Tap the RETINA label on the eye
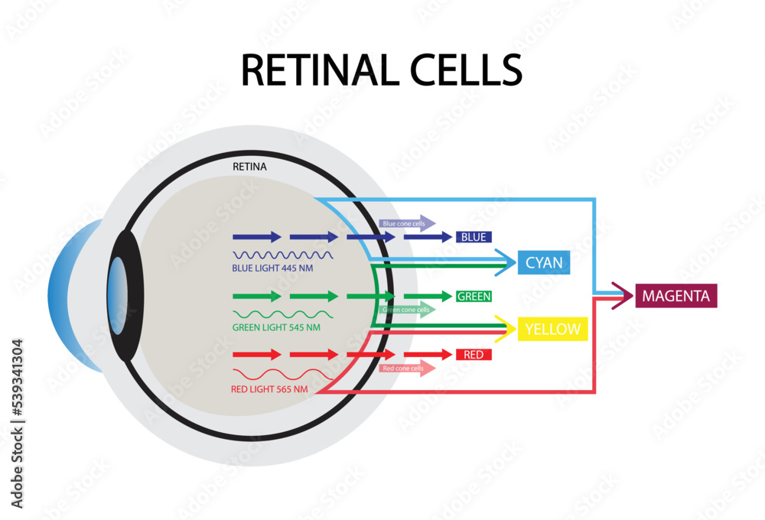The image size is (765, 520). click(250, 166)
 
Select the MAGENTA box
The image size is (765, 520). click(676, 296)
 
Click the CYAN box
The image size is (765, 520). click(544, 263)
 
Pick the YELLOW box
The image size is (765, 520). click(552, 330)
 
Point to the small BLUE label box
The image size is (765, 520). click(474, 237)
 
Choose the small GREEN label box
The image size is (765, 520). click(474, 296)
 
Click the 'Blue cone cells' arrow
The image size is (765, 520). click(407, 223)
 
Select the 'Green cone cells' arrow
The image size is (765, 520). click(407, 310)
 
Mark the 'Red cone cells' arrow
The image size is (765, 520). click(407, 369)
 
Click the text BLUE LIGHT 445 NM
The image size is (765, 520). click(272, 268)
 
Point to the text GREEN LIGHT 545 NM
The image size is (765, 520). click(276, 327)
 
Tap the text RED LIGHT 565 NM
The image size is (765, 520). click(269, 389)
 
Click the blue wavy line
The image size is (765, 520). click(282, 255)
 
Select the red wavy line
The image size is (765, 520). click(282, 374)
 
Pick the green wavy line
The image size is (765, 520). click(282, 314)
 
